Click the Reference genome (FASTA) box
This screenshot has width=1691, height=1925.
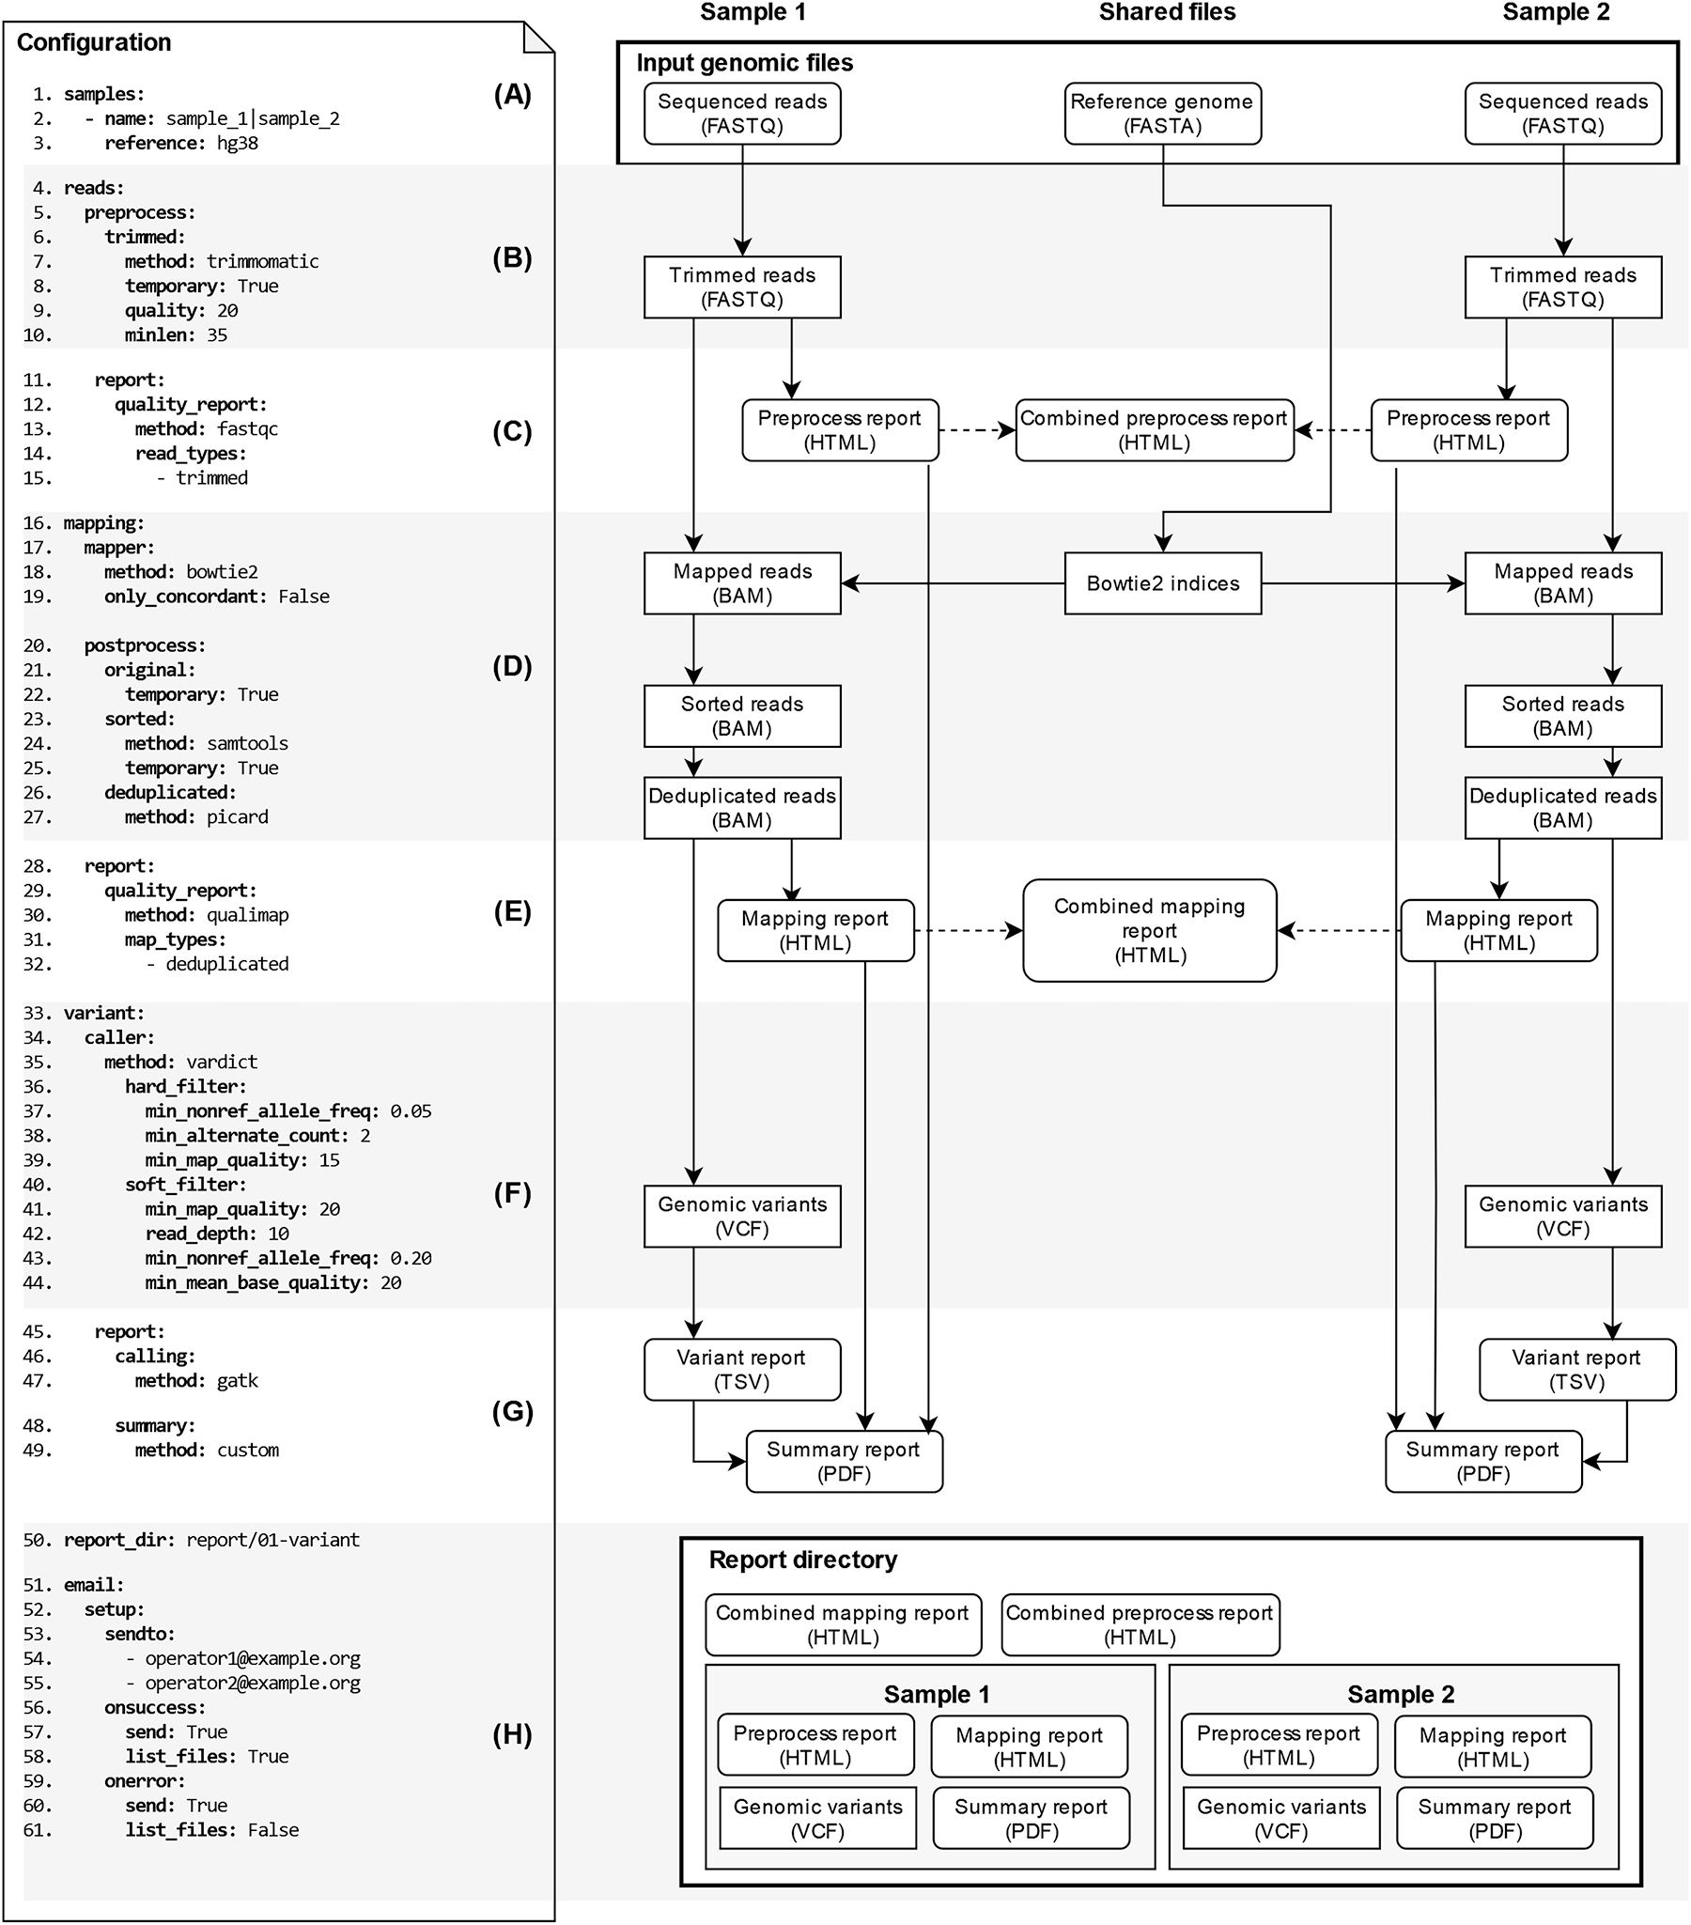(1162, 114)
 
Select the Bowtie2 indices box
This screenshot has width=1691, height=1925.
(1162, 584)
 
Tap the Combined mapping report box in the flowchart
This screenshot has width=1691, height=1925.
(1149, 930)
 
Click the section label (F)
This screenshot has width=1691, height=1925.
(512, 1193)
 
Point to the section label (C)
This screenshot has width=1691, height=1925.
(512, 431)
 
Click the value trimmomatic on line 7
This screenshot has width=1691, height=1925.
(263, 262)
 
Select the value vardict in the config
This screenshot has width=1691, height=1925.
(222, 1063)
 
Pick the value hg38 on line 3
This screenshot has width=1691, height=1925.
(238, 143)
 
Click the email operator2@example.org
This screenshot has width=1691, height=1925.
(253, 1683)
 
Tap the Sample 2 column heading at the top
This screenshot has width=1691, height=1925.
(1556, 13)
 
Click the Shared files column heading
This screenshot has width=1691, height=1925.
(1167, 13)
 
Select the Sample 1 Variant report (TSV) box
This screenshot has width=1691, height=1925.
(742, 1370)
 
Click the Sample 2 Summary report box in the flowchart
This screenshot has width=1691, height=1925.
(1483, 1462)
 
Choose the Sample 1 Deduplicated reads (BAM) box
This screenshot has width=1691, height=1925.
(742, 808)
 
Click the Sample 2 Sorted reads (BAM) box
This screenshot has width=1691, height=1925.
(1562, 717)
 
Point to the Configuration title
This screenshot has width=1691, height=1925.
(94, 42)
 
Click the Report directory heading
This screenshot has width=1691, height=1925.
(802, 1560)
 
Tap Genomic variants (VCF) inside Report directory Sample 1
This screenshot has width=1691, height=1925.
(817, 1819)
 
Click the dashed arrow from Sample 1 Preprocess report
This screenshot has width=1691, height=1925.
(976, 430)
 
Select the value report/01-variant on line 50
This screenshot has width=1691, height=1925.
(273, 1540)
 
